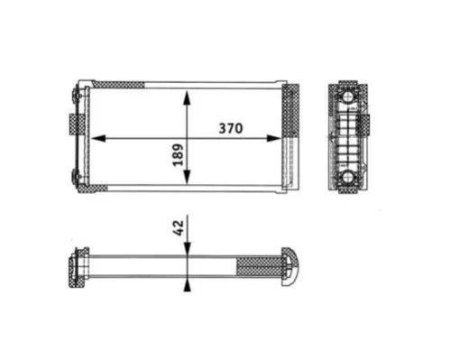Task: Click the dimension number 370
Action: coord(232,128)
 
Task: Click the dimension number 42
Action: coord(178,226)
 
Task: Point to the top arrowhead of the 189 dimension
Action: coord(187,95)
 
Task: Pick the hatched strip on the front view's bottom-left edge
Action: coord(98,189)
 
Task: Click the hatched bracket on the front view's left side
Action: coord(72,122)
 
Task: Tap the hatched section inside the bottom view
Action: coord(259,266)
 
